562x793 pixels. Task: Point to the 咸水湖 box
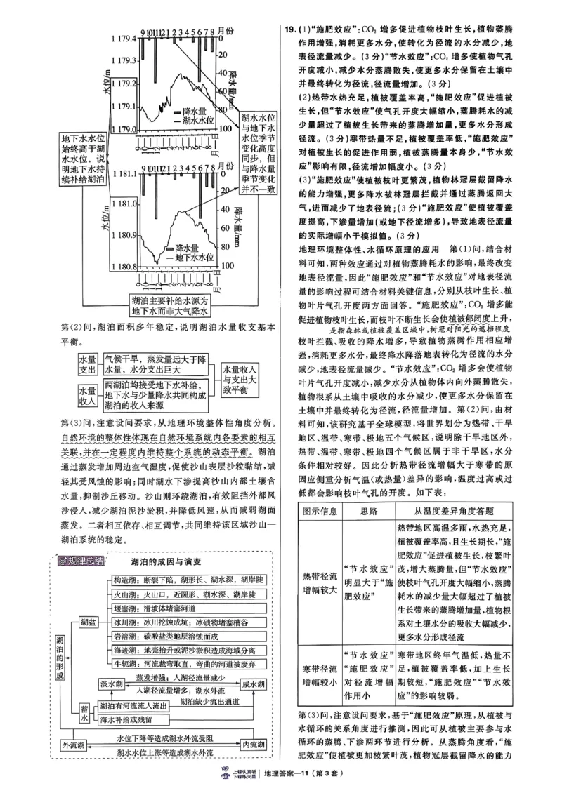click(253, 684)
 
